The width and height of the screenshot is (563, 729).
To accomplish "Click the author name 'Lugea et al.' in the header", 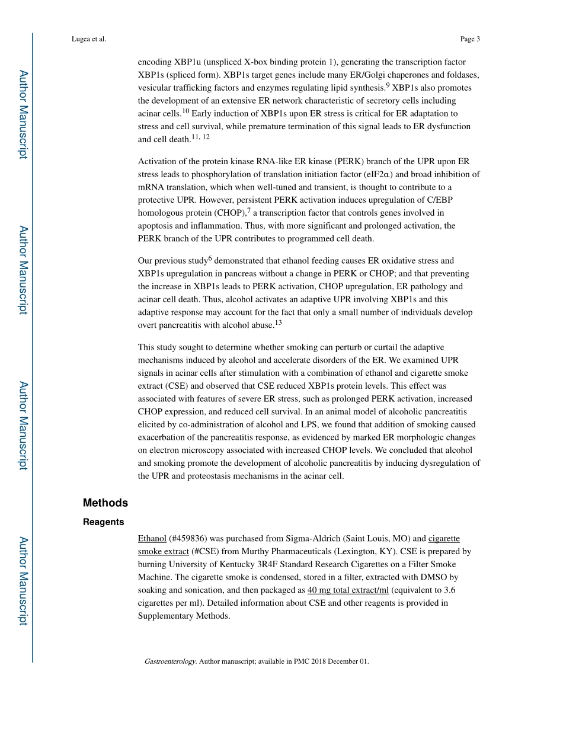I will click(89, 39).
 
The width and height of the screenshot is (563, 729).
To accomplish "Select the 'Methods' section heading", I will click(105, 503).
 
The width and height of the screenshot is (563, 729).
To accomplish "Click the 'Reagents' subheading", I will click(104, 522).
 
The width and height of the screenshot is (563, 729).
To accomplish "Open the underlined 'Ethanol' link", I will click(152, 539).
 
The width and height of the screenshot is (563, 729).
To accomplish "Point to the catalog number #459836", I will click(188, 539).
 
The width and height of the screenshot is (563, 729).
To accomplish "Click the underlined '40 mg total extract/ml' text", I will click(348, 590).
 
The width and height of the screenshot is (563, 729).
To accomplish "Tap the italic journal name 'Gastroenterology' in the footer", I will click(169, 661).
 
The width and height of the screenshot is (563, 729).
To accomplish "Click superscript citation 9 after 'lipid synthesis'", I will click(388, 85).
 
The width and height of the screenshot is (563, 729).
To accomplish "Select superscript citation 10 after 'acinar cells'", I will click(185, 111).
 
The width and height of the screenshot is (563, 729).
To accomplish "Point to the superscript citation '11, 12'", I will click(200, 137).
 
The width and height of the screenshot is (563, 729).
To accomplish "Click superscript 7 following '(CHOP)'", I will click(249, 210).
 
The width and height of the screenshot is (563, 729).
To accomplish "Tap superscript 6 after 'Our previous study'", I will click(210, 258).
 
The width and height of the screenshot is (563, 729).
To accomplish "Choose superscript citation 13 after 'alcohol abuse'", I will click(278, 322).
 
